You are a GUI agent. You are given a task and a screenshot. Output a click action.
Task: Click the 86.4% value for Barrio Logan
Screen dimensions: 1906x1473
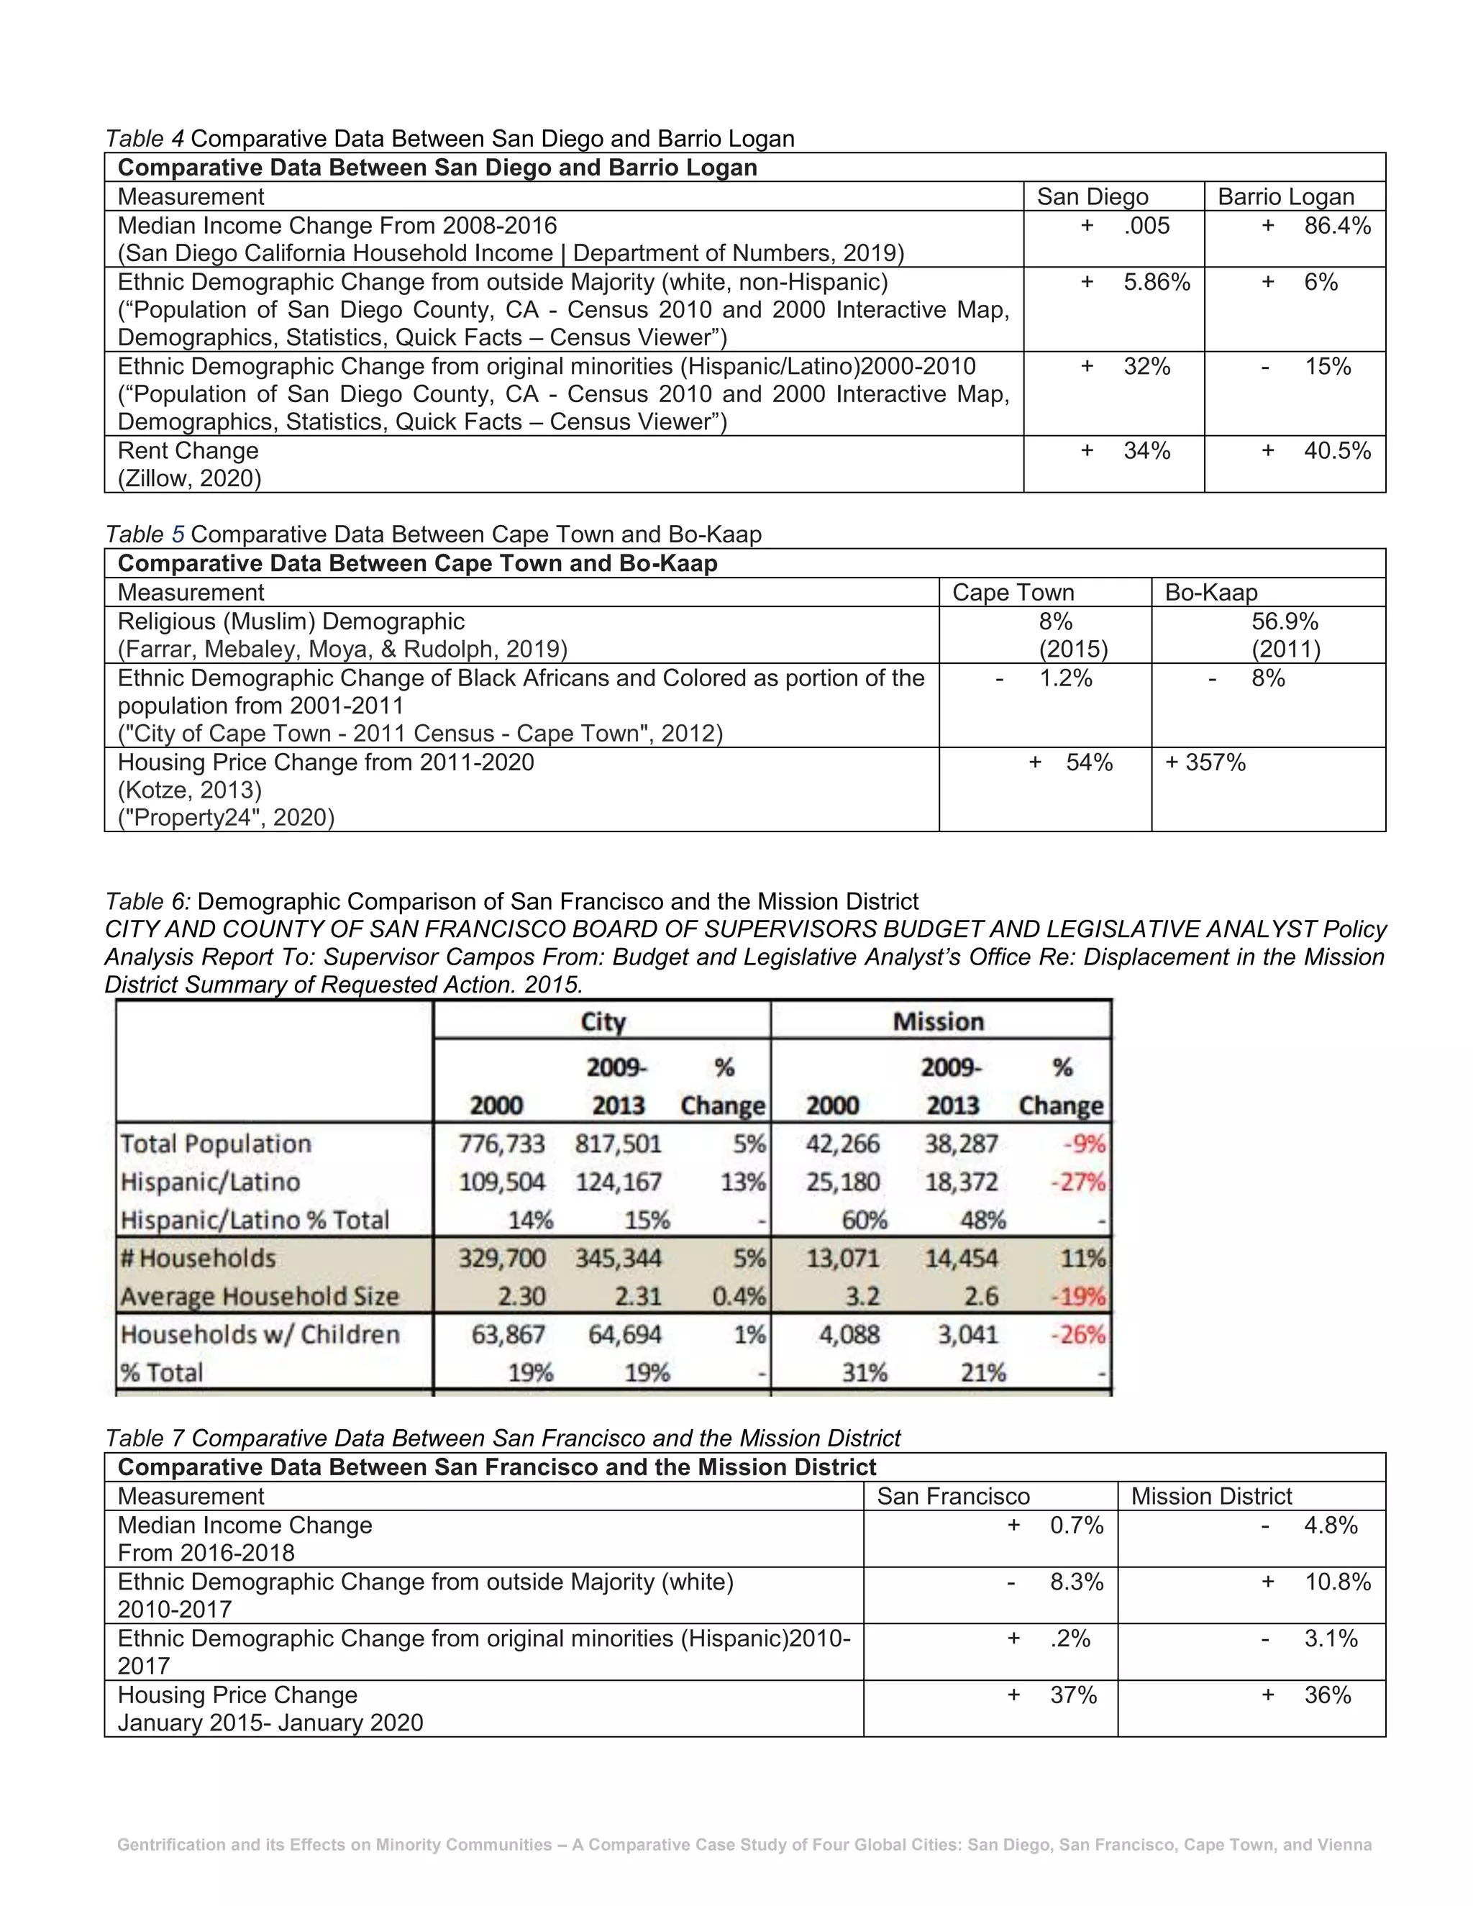click(x=1337, y=226)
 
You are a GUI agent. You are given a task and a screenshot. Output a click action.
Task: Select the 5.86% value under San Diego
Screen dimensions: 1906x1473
click(x=1157, y=282)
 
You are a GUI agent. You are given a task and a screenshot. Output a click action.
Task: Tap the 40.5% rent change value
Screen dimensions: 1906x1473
click(x=1337, y=450)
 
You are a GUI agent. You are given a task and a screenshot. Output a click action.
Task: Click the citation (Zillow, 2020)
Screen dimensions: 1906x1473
click(x=189, y=478)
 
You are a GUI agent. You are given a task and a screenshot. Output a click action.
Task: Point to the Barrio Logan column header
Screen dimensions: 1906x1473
click(x=1285, y=197)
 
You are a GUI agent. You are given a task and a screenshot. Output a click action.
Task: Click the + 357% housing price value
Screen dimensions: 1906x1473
click(x=1205, y=762)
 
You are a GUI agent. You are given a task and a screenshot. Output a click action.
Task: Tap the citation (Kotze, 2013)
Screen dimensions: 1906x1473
click(x=189, y=790)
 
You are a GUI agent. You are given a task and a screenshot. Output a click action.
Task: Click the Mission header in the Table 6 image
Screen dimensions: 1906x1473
click(x=938, y=1021)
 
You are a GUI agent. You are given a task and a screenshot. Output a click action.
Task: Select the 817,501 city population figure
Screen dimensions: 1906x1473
click(x=618, y=1144)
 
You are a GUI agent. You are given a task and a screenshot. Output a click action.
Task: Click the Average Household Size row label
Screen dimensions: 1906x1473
click(x=259, y=1296)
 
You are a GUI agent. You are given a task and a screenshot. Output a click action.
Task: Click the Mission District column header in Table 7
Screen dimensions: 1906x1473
click(x=1210, y=1496)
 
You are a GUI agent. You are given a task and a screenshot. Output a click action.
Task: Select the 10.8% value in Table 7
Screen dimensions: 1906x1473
click(x=1337, y=1582)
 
